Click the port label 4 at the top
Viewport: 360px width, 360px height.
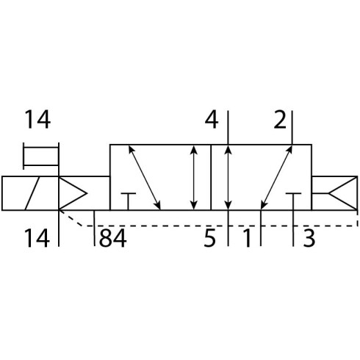(x=212, y=120)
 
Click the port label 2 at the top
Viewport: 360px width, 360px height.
(x=280, y=120)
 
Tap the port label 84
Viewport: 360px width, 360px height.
(x=113, y=237)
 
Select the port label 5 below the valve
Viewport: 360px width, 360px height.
(x=209, y=237)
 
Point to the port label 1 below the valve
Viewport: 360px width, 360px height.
(x=248, y=237)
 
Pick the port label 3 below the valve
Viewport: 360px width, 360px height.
(x=309, y=237)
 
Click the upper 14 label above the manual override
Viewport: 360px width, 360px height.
(x=37, y=120)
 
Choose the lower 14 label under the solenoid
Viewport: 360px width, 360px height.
(x=37, y=237)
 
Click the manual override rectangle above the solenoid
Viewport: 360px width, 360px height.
(x=41, y=156)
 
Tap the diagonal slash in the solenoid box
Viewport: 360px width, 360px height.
(x=32, y=193)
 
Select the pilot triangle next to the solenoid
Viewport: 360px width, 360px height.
(x=73, y=193)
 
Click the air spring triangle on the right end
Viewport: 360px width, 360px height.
(x=343, y=193)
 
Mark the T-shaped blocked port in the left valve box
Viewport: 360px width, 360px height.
(x=128, y=201)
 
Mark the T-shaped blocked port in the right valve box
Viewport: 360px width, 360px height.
(x=293, y=201)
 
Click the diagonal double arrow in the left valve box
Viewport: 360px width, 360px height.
(x=145, y=178)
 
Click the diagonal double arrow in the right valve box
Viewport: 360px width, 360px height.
(x=276, y=178)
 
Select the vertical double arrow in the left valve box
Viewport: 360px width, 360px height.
(x=194, y=178)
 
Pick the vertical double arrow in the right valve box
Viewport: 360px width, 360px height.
(x=228, y=178)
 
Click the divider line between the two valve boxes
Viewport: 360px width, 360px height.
(x=211, y=177)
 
